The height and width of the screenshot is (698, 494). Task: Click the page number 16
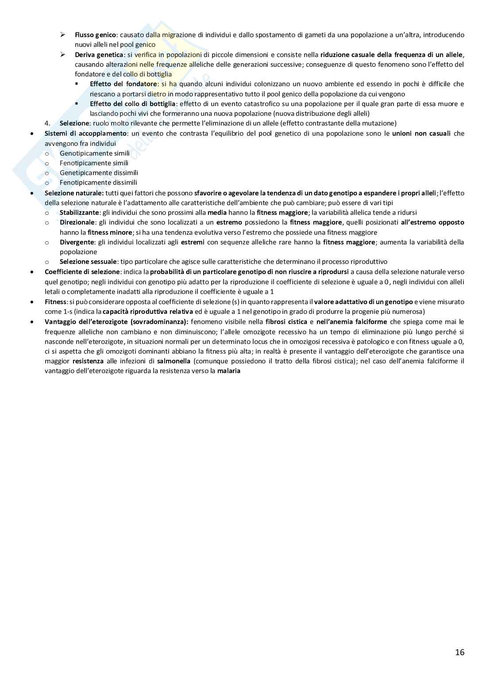tap(459, 652)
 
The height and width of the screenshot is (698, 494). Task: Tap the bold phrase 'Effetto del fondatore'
tap(123, 84)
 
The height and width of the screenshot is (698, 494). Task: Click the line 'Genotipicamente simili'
tap(94, 153)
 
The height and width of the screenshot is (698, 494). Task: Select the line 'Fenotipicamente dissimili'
tap(98, 183)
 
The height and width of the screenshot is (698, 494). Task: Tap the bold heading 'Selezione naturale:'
tap(74, 193)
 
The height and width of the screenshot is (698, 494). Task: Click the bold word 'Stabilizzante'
tap(79, 213)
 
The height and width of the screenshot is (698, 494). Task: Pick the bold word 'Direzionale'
tap(77, 222)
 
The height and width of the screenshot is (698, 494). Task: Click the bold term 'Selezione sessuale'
tap(89, 262)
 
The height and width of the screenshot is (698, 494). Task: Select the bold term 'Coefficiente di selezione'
tap(82, 272)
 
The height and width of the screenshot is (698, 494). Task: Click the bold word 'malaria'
tap(228, 371)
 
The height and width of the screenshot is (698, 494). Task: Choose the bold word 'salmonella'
tap(174, 361)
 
